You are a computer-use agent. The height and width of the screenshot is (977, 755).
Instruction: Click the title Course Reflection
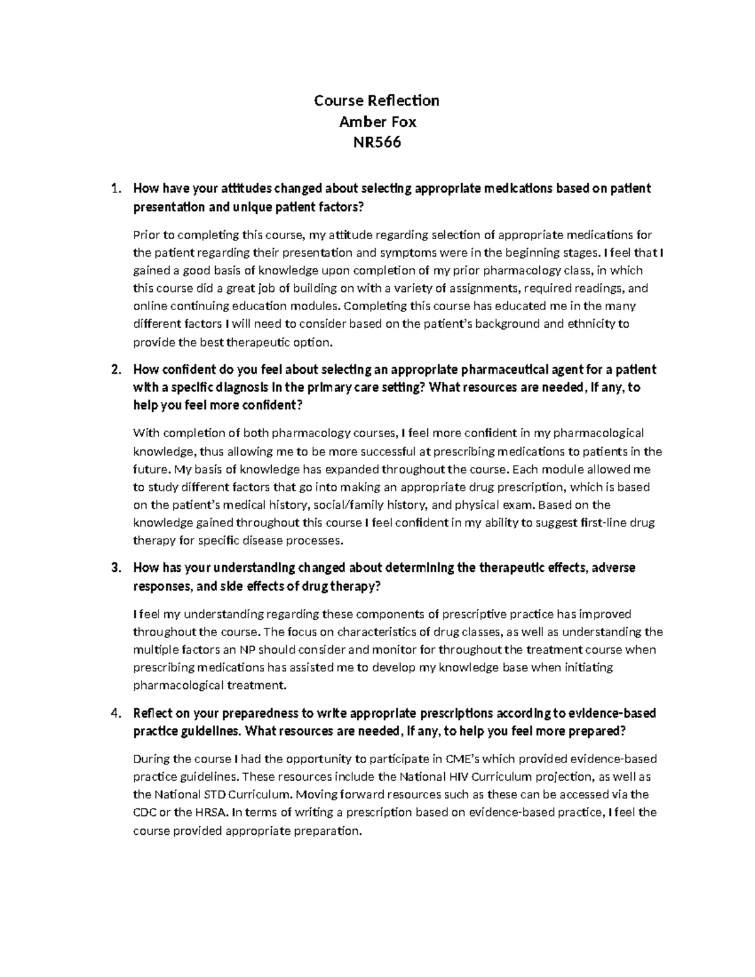tap(377, 101)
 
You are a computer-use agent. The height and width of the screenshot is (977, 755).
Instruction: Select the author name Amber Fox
tap(377, 121)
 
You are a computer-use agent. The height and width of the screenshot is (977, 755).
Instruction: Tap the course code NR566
tap(377, 143)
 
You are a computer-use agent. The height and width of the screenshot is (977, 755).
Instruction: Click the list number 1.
tap(114, 188)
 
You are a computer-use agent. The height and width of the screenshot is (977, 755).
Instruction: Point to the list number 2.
tap(114, 369)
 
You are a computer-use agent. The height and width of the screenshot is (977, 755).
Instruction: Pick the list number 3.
tap(114, 567)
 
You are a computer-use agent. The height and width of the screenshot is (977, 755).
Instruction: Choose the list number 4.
tap(114, 713)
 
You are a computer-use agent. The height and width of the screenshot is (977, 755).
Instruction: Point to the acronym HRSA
tap(211, 812)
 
